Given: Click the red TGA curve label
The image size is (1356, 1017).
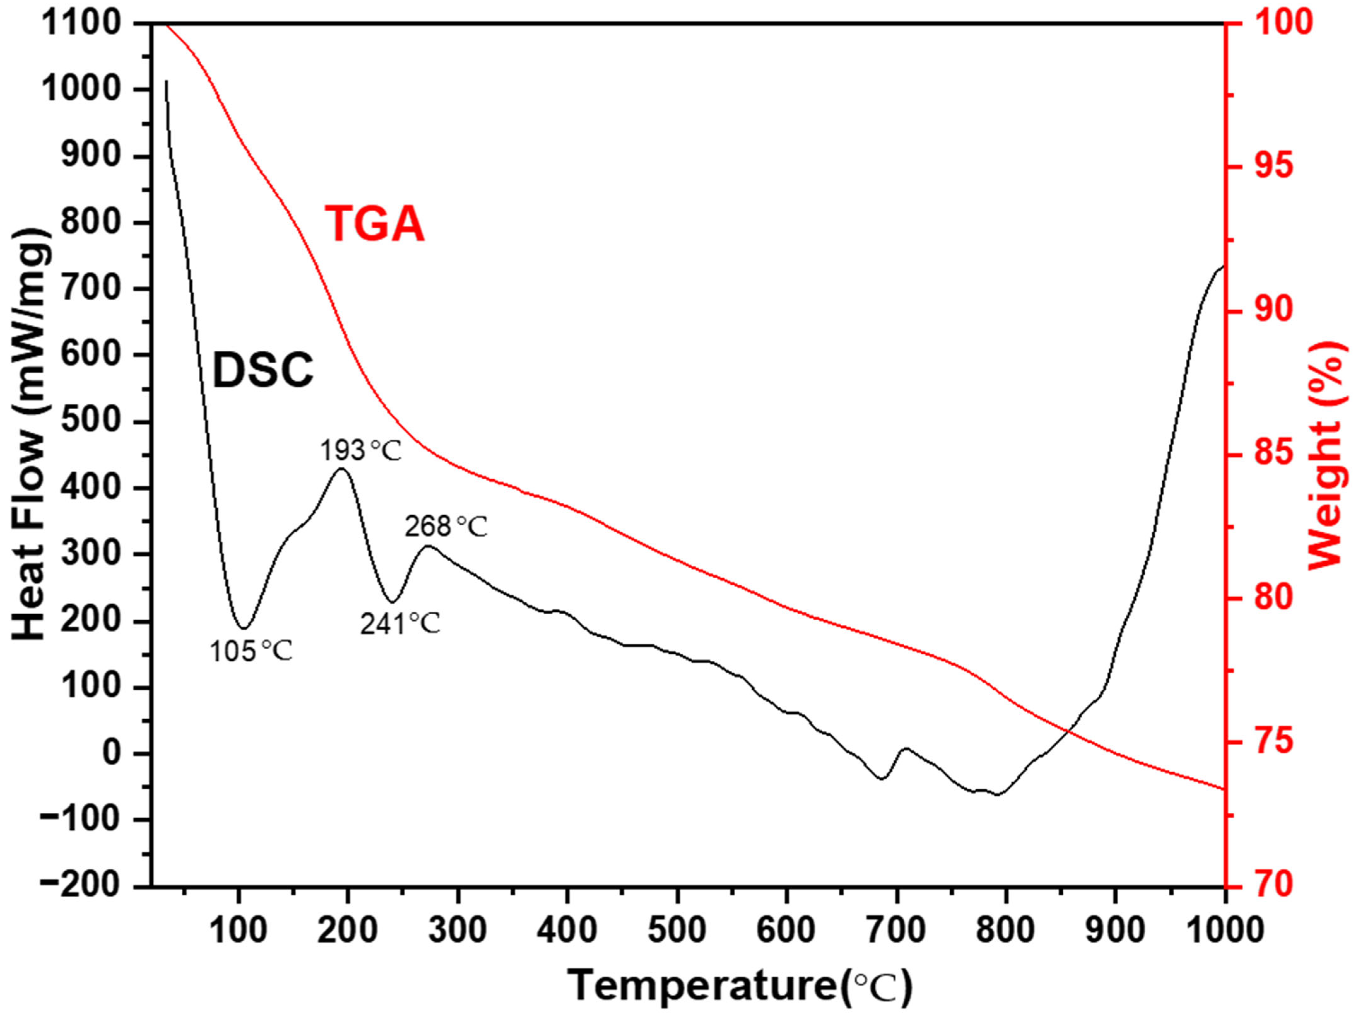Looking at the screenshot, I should coord(374,224).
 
